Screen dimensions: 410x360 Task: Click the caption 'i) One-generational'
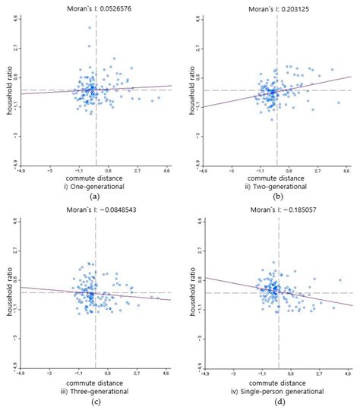[95, 185]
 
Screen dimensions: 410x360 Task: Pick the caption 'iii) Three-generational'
[95, 391]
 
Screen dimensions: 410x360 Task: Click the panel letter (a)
[95, 196]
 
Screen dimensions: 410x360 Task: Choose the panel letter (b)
[277, 196]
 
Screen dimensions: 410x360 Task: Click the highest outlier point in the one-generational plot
[89, 27]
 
